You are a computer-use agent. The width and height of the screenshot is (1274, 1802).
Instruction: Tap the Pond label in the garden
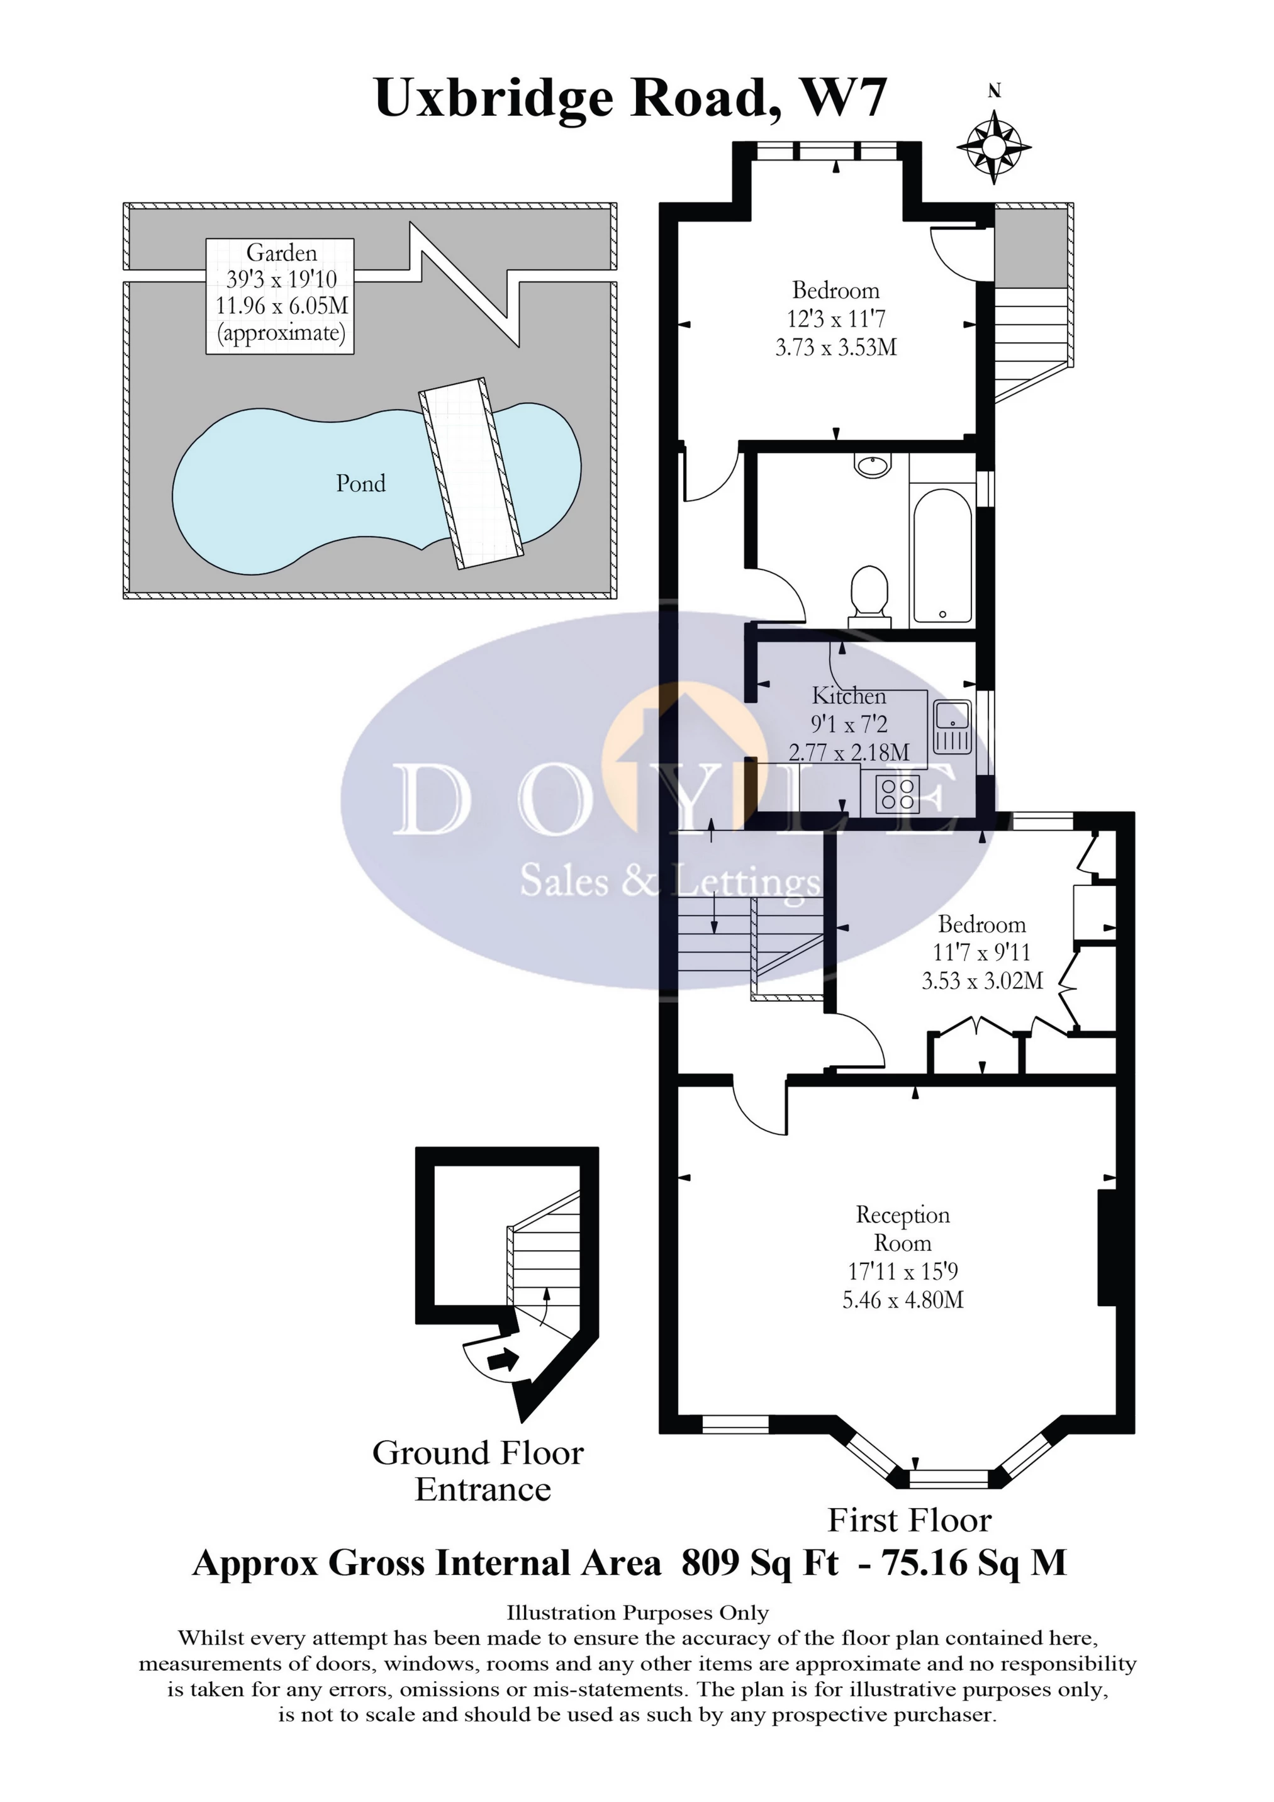coord(360,483)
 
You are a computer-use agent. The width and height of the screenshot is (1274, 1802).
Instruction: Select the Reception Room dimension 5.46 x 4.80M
coord(903,1300)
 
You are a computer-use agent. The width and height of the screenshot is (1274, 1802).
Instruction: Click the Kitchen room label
coord(849,695)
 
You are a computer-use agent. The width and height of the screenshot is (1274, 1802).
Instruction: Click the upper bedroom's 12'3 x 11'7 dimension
coord(836,318)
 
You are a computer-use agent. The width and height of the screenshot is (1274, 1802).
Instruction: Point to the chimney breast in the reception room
coord(1106,1248)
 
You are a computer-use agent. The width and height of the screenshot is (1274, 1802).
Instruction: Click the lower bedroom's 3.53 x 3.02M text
coord(982,981)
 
